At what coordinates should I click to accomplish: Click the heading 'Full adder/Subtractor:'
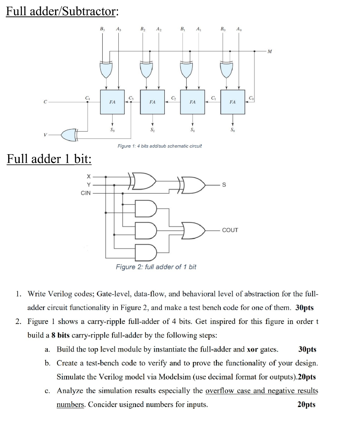tap(62, 12)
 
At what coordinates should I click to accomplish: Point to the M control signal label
tap(269, 51)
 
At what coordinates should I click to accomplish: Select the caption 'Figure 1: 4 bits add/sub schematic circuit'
tap(159, 146)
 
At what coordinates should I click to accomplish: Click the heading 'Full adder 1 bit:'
tap(49, 159)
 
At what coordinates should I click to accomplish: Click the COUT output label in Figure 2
tap(230, 230)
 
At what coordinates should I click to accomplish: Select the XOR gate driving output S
tap(191, 185)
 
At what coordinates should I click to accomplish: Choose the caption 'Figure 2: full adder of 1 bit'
tap(156, 267)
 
